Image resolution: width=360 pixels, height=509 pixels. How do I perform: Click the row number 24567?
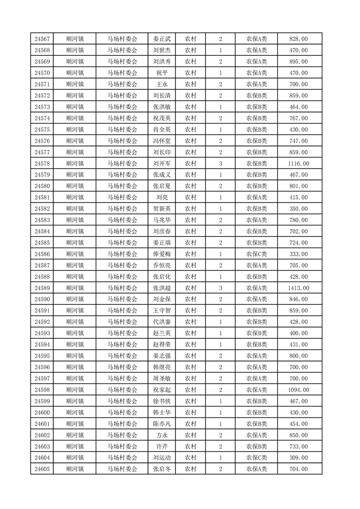click(42, 39)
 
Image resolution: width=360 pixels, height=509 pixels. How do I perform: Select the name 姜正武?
click(162, 39)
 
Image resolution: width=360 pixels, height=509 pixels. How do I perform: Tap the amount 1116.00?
click(298, 164)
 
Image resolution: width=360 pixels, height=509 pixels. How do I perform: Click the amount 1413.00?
click(298, 288)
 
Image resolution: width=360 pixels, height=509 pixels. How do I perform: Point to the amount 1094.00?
click(298, 390)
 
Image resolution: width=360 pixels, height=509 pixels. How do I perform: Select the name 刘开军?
click(162, 164)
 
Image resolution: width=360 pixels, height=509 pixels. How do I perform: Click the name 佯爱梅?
click(162, 254)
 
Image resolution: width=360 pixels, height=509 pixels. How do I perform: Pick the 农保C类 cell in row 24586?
click(256, 254)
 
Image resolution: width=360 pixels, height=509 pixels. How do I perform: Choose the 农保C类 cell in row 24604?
click(256, 458)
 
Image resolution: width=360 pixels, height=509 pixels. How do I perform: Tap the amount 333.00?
click(298, 254)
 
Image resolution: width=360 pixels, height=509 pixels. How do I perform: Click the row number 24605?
click(42, 470)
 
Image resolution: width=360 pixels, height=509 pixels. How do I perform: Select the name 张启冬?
click(162, 470)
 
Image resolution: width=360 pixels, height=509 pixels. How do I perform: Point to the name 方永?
click(162, 436)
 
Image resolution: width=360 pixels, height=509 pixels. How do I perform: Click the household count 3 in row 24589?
click(221, 288)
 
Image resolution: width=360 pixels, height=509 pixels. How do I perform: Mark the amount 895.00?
click(298, 62)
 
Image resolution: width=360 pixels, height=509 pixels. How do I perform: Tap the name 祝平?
click(162, 73)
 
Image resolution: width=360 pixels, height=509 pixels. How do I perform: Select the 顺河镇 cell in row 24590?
click(75, 299)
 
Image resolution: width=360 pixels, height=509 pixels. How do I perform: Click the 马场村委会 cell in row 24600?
click(122, 413)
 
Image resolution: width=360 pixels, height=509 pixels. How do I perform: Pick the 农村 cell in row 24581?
click(190, 198)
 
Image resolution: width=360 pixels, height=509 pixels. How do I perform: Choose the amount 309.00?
click(298, 458)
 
